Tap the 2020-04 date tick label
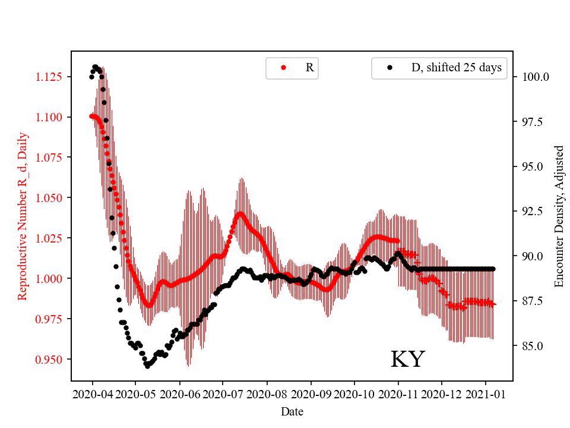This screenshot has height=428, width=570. (92, 394)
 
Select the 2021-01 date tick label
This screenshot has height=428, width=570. (486, 394)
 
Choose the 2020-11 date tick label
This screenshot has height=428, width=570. (398, 394)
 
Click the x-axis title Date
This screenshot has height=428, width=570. (292, 411)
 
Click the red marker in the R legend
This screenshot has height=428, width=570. (283, 68)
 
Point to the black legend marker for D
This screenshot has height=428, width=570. (389, 68)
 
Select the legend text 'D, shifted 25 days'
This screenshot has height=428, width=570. (456, 68)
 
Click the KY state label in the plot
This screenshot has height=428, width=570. (407, 360)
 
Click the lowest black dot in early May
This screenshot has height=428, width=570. (147, 366)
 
